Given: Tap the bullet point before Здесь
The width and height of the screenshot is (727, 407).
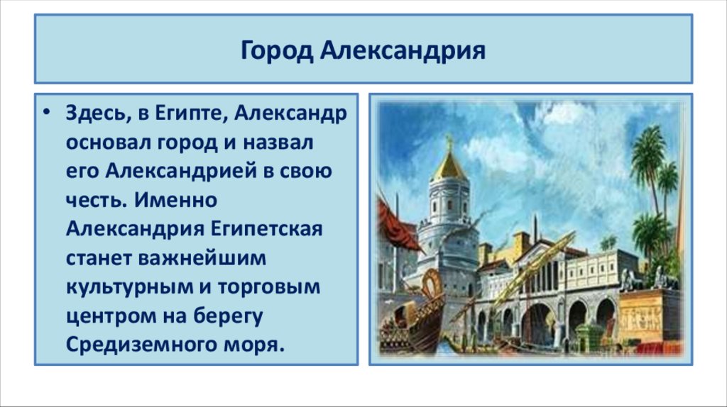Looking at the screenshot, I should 47,113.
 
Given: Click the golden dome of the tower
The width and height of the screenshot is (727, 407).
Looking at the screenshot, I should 449,165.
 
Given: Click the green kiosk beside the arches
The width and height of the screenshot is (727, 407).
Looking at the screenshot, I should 588,336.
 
